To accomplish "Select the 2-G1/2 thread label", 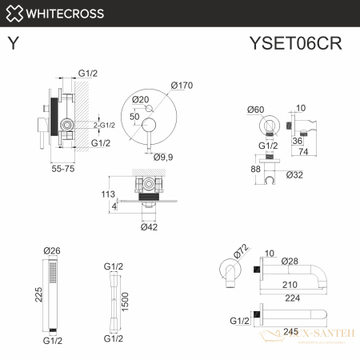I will point(105,125).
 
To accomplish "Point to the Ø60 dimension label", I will point(255,109).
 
